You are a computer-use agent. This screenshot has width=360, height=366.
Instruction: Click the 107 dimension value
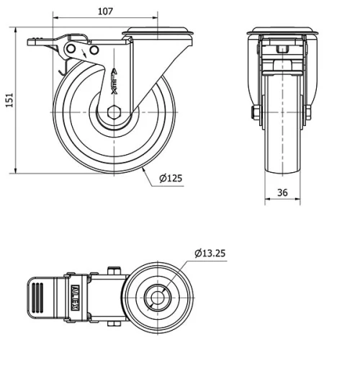click(x=106, y=11)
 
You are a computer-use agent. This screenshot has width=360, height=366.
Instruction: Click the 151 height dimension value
click(x=9, y=99)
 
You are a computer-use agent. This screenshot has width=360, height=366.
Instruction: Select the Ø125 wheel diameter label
click(x=169, y=179)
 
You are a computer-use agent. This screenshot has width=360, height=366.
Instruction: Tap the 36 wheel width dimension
click(x=282, y=192)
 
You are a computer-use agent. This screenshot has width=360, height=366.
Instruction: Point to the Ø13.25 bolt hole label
click(x=212, y=253)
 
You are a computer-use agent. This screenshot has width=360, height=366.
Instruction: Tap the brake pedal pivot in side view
click(x=72, y=48)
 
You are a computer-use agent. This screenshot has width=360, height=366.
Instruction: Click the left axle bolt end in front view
click(x=255, y=113)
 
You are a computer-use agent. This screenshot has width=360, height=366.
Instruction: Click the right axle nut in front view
click(x=310, y=113)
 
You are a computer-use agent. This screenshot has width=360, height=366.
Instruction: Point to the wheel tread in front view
click(x=282, y=144)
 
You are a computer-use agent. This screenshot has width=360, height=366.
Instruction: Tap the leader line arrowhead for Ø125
click(x=144, y=168)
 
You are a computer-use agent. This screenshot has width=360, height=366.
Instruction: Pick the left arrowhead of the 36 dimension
click(x=267, y=202)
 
